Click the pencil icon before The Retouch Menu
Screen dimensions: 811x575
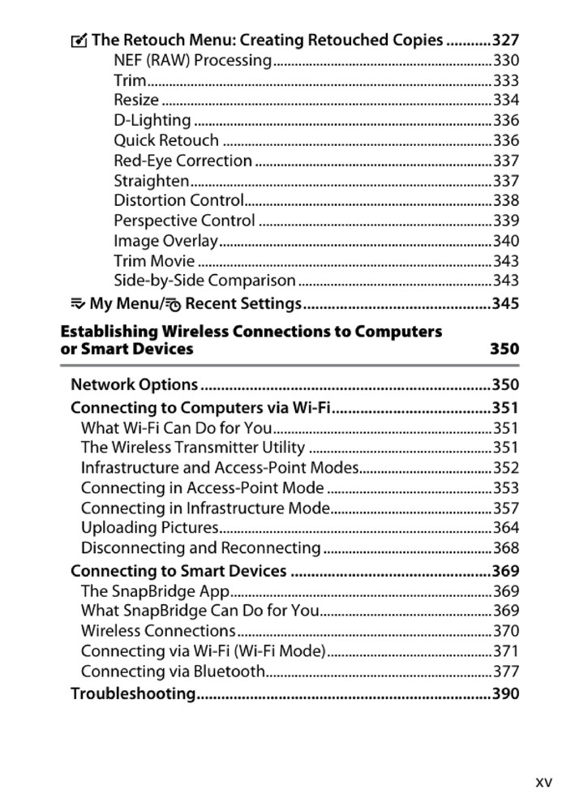(x=79, y=40)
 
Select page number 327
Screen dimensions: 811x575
(x=505, y=40)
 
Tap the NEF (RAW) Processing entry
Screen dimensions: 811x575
(x=192, y=60)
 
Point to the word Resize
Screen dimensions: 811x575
(x=136, y=101)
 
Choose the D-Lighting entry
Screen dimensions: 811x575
(x=152, y=121)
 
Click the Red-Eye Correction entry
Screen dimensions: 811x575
(x=182, y=161)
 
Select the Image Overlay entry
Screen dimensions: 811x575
(x=165, y=241)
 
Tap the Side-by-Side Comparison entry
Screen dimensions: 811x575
(x=204, y=281)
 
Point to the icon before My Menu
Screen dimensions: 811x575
(x=78, y=304)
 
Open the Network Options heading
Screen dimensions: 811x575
(x=135, y=384)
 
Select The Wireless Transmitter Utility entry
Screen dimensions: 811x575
(x=193, y=448)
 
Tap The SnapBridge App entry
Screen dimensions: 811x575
(x=155, y=591)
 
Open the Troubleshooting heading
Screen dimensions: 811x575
(x=134, y=694)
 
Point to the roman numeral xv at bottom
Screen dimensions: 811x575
(x=543, y=782)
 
